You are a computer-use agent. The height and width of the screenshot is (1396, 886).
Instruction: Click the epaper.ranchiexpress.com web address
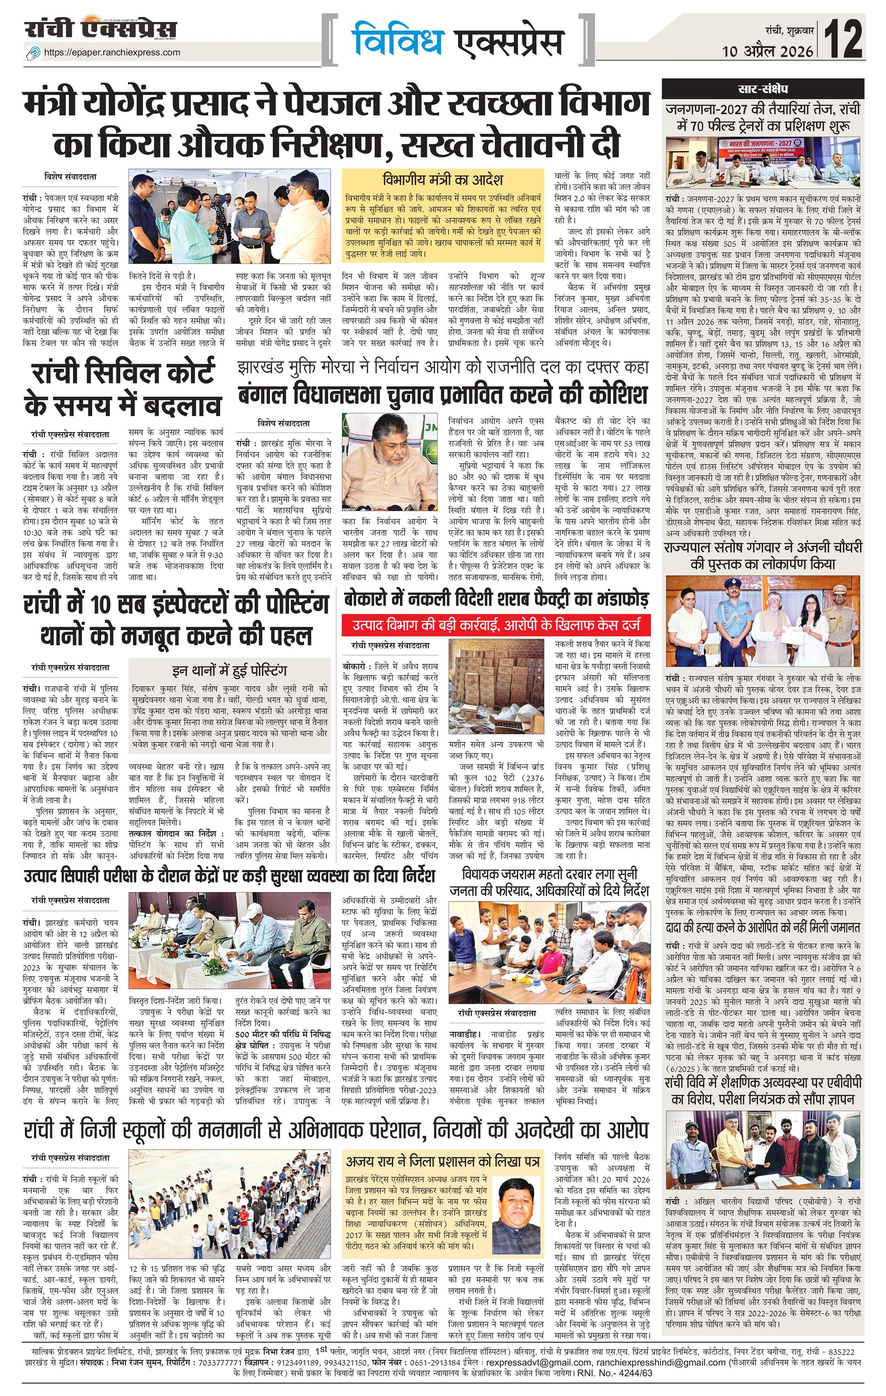pyautogui.click(x=112, y=52)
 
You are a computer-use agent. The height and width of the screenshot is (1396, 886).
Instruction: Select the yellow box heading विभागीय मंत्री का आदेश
pyautogui.click(x=443, y=179)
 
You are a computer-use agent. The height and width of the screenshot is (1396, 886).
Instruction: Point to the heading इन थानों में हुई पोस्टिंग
pyautogui.click(x=230, y=671)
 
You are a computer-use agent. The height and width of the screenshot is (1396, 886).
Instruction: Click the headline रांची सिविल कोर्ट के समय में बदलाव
pyautogui.click(x=122, y=389)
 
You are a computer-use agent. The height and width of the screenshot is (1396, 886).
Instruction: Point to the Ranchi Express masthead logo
pyautogui.click(x=100, y=29)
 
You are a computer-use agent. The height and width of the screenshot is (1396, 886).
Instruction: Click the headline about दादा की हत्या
pyautogui.click(x=762, y=929)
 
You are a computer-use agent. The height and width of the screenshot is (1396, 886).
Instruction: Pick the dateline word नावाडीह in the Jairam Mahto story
pyautogui.click(x=466, y=1034)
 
